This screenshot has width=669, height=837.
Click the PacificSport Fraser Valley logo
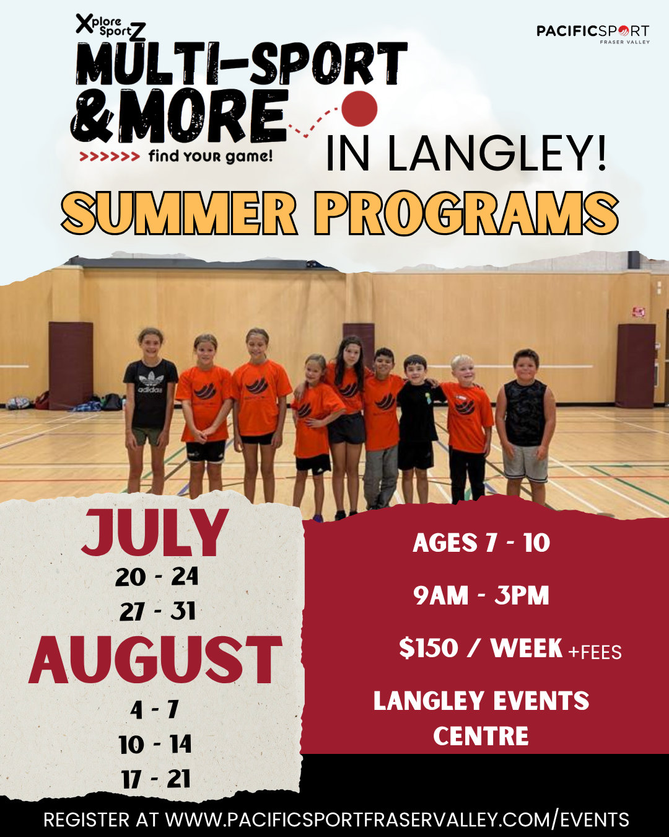(593, 34)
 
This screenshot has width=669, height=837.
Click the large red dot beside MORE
(359, 109)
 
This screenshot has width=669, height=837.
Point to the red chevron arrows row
(109, 157)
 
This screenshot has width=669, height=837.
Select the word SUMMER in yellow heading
(179, 213)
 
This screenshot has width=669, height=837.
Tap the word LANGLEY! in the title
(497, 153)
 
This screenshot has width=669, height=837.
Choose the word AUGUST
(155, 660)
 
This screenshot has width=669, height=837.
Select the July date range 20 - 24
(157, 577)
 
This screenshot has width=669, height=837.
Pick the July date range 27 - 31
(157, 611)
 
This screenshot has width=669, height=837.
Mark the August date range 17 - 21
(156, 779)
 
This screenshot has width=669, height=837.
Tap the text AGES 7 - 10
(481, 542)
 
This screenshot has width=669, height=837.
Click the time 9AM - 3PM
(481, 595)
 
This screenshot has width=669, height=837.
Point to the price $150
(429, 649)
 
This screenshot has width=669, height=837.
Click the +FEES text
(595, 652)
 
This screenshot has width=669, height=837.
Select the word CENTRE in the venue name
(481, 736)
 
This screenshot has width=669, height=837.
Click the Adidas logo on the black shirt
(151, 383)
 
